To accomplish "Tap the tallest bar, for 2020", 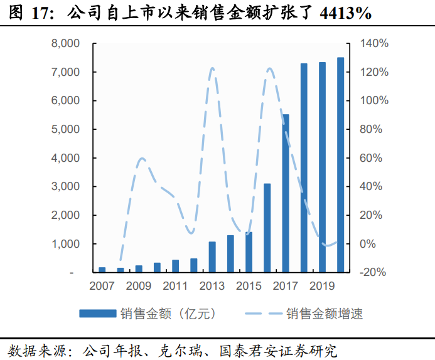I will coord(340,165).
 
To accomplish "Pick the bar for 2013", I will coord(212,257).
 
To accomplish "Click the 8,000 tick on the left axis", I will coord(65,44).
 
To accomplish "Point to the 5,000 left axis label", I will coord(65,130).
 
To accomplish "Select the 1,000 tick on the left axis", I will coord(65,244).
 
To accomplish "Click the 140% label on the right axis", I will coord(375,44).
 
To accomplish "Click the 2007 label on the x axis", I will coord(102,287).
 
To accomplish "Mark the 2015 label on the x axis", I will coord(249,287).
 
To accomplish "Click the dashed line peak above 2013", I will coord(212,68).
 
